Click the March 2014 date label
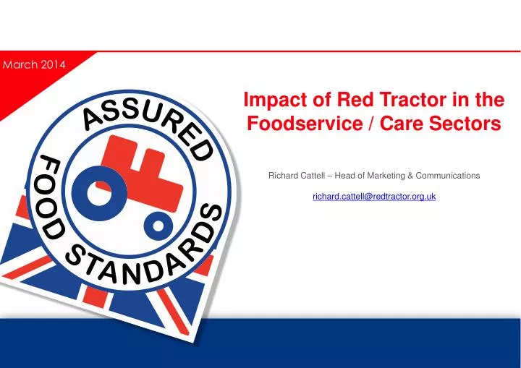click(34, 64)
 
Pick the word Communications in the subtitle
click(450, 176)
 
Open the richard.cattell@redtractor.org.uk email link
click(373, 196)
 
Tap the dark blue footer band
click(260, 343)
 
